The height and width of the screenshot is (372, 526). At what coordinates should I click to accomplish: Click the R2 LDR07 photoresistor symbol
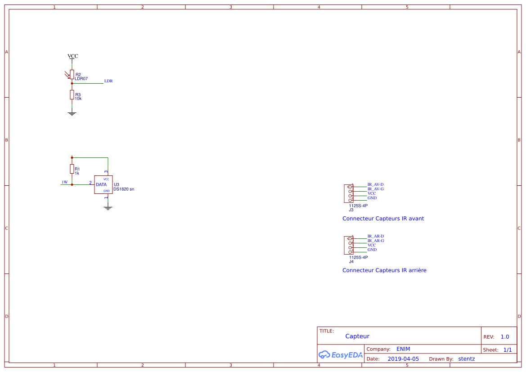[72, 74]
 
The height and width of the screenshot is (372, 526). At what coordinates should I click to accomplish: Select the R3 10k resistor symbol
[72, 94]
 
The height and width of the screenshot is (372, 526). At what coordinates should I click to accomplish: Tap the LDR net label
[108, 81]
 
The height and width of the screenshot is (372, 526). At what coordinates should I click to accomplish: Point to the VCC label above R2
[72, 56]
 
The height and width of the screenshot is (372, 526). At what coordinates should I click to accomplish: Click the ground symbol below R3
[72, 113]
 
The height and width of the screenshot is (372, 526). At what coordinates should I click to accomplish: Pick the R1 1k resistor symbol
[72, 169]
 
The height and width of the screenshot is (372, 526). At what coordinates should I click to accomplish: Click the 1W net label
[64, 182]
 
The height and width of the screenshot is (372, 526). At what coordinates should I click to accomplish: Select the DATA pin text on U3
[101, 184]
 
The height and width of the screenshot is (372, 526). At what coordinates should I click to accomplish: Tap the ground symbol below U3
[108, 208]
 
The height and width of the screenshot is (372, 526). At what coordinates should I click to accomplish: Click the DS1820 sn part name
[124, 189]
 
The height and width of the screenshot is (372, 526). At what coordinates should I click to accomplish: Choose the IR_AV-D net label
[375, 184]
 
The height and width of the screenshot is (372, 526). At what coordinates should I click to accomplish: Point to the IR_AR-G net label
[375, 241]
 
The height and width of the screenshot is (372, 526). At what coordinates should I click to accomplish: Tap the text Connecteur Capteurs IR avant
[383, 219]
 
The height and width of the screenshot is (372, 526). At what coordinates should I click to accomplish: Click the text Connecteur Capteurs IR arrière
[384, 270]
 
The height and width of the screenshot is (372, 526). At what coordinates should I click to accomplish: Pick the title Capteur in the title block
[357, 336]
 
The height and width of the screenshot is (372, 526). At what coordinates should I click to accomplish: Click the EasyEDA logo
[340, 354]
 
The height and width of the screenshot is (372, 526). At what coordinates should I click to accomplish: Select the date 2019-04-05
[403, 359]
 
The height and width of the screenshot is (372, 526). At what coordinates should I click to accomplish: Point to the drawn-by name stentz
[466, 359]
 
